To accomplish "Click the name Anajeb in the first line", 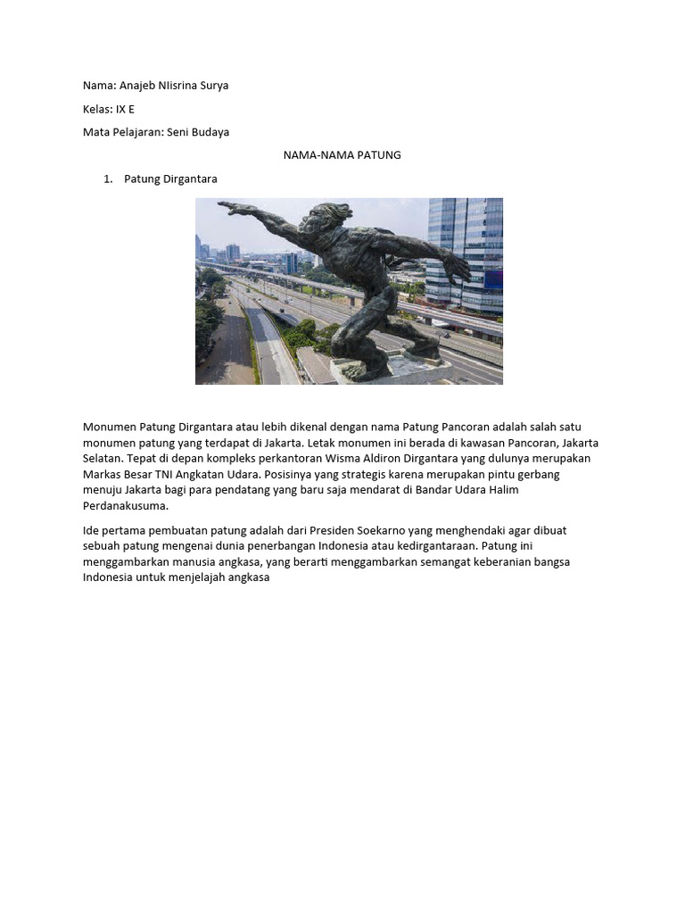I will coord(139,86).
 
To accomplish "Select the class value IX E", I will coord(126,109).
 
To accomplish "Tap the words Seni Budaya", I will coord(198,132).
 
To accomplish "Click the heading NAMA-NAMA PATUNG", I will coord(342,155).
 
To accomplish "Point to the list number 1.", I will coord(108,179).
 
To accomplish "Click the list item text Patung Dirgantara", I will coord(170,179).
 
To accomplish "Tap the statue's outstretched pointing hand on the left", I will coord(230,209).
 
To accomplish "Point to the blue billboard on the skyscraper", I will coord(492,279).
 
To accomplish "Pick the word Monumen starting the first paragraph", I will coord(111,428).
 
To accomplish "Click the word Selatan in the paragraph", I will coord(103,459).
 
